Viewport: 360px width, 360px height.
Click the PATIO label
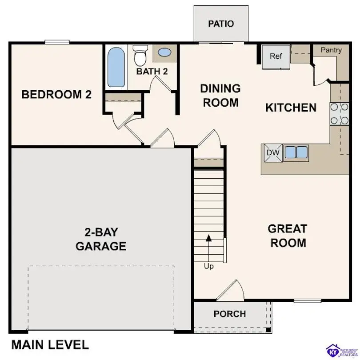click(221, 24)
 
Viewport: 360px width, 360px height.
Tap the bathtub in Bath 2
click(116, 68)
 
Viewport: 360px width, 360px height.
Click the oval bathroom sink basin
click(164, 53)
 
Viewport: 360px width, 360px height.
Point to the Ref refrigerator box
click(276, 56)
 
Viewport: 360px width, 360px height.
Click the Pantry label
click(332, 50)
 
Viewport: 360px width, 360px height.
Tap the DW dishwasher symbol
click(273, 153)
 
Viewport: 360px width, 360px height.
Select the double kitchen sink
click(296, 152)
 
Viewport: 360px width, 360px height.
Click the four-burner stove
click(339, 114)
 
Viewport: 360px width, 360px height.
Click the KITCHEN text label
click(291, 108)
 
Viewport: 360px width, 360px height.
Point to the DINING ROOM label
click(221, 96)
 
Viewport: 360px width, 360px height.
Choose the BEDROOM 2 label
click(56, 95)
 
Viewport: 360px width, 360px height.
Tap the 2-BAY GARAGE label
click(101, 239)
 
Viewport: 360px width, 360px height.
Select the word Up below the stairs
click(208, 266)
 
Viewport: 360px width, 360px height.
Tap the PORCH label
click(229, 314)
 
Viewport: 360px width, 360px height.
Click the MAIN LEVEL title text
click(50, 344)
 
